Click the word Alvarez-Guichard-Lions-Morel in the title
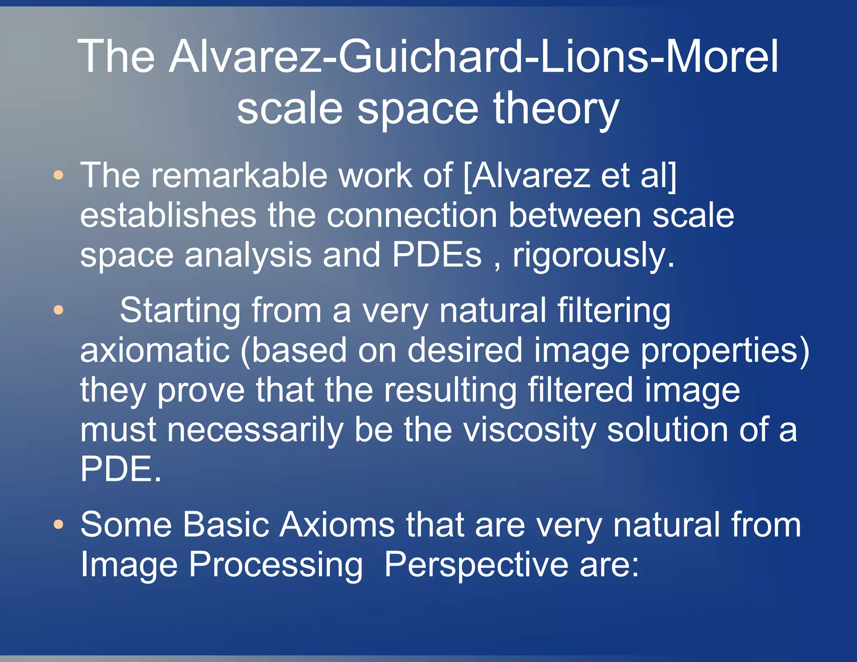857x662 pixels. pos(473,56)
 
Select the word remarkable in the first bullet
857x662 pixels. pos(239,175)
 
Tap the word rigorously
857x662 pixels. pos(593,256)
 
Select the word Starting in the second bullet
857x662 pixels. pos(180,311)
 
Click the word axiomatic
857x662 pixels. pos(155,350)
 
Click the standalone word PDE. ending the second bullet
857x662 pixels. pos(121,469)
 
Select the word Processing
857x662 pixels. pos(276,565)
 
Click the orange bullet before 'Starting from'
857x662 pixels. pos(59,310)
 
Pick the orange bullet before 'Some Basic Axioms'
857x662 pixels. pos(59,524)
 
